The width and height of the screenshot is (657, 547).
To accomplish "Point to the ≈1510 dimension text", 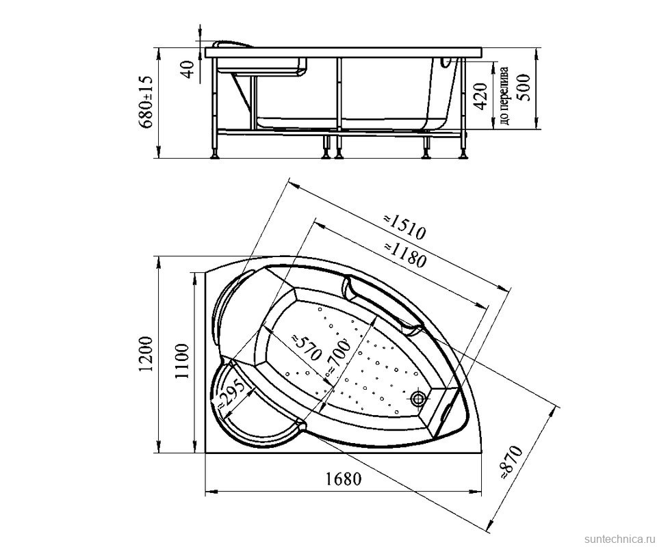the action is (x=404, y=226).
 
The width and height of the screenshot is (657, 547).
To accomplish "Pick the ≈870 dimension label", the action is (x=512, y=462).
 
